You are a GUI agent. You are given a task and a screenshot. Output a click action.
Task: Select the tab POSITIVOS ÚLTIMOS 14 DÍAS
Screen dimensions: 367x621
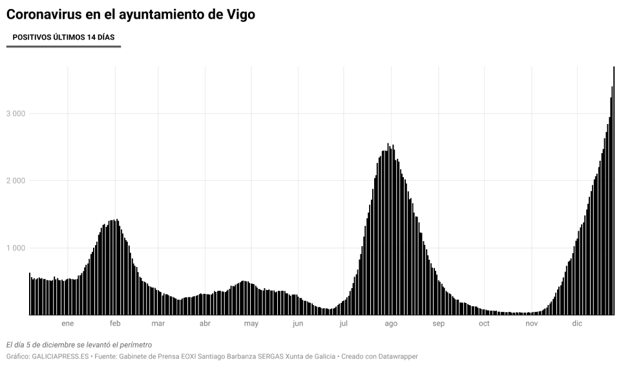tap(63, 37)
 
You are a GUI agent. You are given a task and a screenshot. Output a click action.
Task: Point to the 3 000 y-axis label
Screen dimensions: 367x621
tap(15, 114)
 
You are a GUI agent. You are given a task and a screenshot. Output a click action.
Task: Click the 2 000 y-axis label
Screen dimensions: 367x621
tap(15, 181)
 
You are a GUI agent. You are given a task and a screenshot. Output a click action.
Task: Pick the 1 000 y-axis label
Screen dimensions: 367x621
tap(15, 248)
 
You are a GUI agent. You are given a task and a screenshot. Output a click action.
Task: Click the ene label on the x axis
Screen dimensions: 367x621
tap(68, 323)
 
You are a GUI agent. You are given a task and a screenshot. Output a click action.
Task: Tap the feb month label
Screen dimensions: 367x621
tap(115, 323)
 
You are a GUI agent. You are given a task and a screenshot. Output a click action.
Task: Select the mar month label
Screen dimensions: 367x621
tap(158, 323)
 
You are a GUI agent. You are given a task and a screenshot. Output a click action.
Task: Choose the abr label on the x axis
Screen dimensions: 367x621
tap(205, 323)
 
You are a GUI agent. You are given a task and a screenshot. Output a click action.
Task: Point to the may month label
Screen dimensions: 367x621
tap(251, 323)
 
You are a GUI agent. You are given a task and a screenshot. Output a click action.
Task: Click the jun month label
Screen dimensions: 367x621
tap(297, 323)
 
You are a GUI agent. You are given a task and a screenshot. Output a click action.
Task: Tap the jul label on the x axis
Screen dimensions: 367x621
tap(343, 323)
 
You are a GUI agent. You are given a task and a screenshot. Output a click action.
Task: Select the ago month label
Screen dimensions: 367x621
tap(390, 323)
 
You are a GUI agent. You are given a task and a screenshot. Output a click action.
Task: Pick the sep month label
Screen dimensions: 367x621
tap(438, 323)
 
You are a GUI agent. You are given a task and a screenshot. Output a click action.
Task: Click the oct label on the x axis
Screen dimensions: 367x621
tap(484, 323)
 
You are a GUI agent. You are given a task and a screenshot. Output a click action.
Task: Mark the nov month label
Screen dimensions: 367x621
tap(531, 323)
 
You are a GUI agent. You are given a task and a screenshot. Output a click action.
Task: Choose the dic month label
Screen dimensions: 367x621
tap(577, 323)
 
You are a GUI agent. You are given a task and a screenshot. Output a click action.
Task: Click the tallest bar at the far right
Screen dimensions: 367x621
tap(613, 194)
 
